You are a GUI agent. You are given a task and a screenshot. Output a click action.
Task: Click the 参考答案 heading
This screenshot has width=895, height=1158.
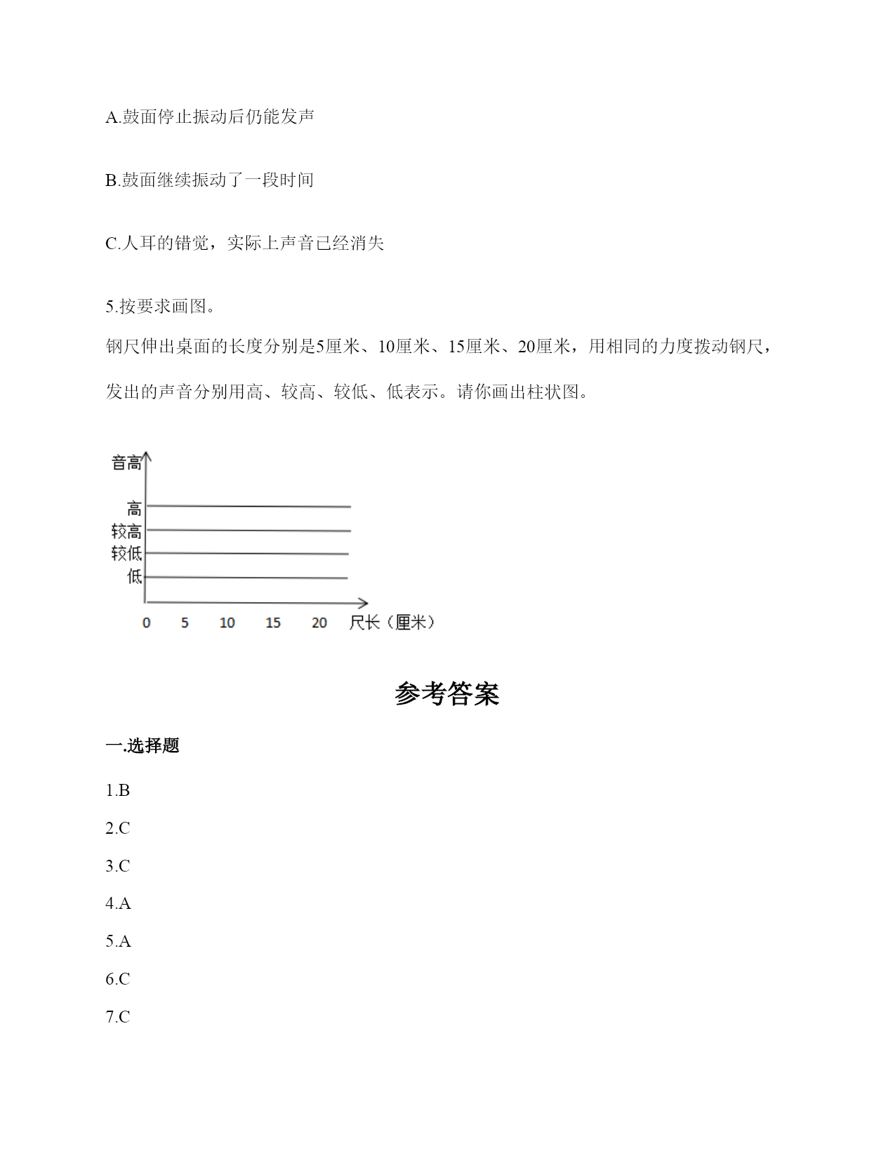click(x=446, y=693)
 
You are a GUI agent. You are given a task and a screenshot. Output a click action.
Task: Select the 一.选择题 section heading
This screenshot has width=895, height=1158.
click(x=142, y=745)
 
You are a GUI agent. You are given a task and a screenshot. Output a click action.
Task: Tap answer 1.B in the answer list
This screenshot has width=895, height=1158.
click(x=118, y=790)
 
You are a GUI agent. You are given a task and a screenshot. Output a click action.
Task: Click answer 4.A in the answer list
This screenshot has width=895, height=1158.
click(x=118, y=903)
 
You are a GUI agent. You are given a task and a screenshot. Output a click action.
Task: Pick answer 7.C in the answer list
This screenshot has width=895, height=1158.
click(x=118, y=1016)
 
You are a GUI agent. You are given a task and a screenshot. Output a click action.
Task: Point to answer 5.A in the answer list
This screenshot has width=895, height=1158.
click(x=118, y=941)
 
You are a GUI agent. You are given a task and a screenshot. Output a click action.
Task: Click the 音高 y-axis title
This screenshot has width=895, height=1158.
click(x=126, y=463)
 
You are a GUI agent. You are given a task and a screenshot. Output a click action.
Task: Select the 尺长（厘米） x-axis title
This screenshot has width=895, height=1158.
click(x=392, y=623)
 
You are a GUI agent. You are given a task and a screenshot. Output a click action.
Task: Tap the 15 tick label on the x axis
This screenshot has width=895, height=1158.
click(x=273, y=623)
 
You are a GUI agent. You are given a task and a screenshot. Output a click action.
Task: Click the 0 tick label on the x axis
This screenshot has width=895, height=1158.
click(x=146, y=623)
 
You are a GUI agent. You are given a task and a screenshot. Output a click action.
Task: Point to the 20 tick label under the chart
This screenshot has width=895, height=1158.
click(x=319, y=623)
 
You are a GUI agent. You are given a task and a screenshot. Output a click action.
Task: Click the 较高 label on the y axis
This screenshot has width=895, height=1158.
click(x=126, y=531)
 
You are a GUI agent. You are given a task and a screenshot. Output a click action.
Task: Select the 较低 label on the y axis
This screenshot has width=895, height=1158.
click(x=126, y=554)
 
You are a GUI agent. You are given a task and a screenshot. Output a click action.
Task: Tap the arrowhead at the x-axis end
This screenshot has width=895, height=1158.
click(x=363, y=603)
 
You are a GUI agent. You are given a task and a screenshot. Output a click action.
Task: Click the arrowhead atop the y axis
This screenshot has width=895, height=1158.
click(x=145, y=456)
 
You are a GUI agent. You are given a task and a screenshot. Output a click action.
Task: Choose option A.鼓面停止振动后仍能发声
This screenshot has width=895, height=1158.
click(x=210, y=117)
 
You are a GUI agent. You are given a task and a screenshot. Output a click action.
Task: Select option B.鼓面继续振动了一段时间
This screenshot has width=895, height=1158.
click(x=209, y=180)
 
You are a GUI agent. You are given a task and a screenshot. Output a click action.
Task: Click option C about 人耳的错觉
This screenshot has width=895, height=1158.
click(x=245, y=243)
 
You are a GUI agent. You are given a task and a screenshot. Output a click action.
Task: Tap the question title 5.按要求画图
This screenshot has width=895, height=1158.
click(x=161, y=306)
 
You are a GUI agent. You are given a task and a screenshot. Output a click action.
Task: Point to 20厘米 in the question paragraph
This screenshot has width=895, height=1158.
click(x=544, y=346)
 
